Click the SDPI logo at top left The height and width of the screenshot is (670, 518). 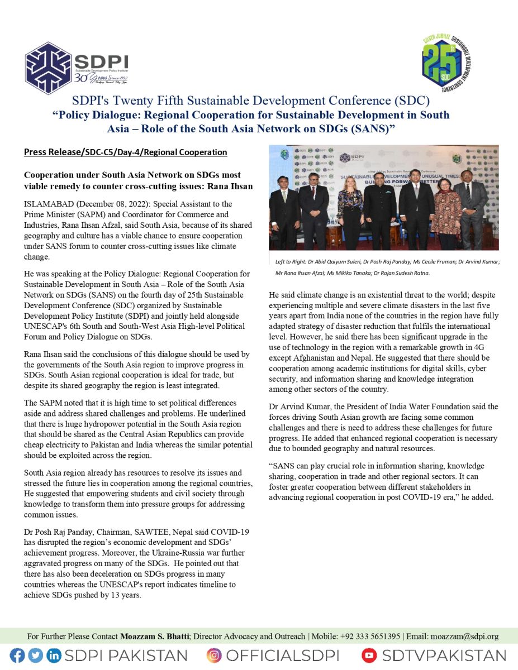pyautogui.click(x=77, y=66)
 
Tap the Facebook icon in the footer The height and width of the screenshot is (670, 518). pyautogui.click(x=17, y=655)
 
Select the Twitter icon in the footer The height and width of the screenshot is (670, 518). pyautogui.click(x=35, y=655)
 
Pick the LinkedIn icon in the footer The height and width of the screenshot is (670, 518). pyautogui.click(x=54, y=655)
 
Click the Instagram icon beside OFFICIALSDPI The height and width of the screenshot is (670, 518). pyautogui.click(x=214, y=655)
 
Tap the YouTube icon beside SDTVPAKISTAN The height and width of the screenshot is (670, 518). pyautogui.click(x=369, y=655)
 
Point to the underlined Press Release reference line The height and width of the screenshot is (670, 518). pyautogui.click(x=125, y=152)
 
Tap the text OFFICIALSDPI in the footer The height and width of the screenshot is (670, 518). pyautogui.click(x=290, y=655)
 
